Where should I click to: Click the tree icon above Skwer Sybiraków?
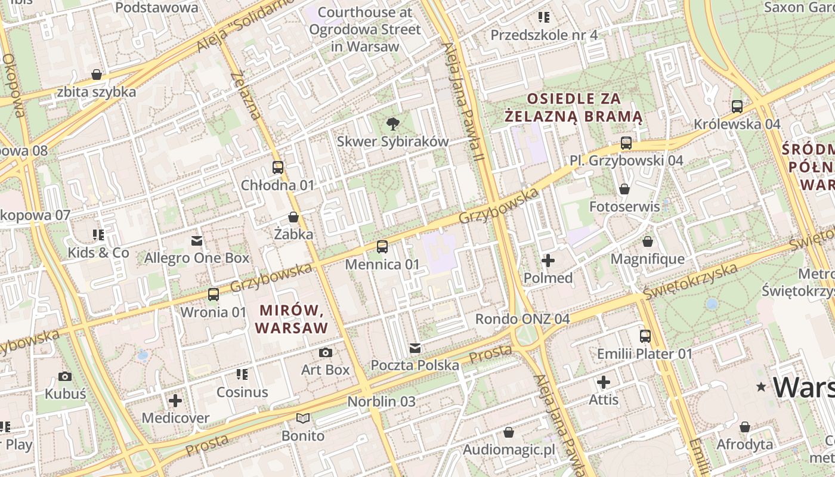392,124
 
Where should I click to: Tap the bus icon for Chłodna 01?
277,168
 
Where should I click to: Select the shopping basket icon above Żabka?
293,216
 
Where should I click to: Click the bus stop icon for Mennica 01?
382,246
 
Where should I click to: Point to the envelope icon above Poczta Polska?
415,348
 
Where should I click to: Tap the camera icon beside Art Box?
325,352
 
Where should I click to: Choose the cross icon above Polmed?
548,261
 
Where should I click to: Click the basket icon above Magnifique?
647,242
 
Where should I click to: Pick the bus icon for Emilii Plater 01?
645,336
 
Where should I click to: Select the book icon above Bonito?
303,419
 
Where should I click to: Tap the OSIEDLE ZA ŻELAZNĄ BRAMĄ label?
573,107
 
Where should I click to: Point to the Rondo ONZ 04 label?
522,319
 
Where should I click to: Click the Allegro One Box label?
197,258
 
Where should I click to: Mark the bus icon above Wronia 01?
213,295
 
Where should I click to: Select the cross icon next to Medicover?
175,400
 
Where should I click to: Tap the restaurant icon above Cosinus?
242,374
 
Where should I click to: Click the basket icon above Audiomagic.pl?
509,432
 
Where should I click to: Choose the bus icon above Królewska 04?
737,107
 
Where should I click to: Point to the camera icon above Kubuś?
65,376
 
